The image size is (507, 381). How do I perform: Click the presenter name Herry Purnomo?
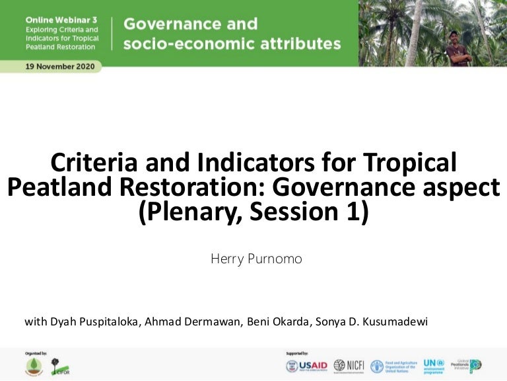click(x=256, y=259)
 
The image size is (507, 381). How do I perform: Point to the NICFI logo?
click(x=348, y=366)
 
